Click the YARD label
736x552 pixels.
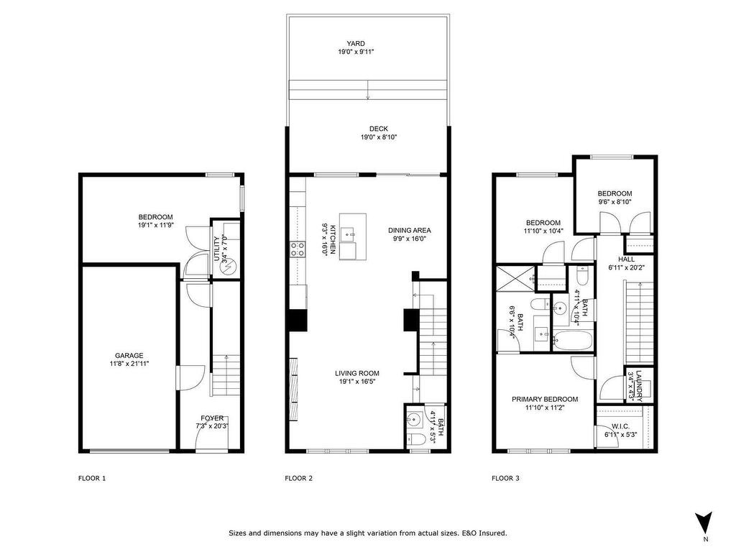(x=356, y=44)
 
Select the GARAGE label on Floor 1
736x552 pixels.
(x=129, y=355)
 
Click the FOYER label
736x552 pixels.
(x=212, y=418)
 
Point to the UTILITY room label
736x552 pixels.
(x=216, y=249)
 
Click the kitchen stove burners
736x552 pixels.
(x=298, y=249)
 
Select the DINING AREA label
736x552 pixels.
(x=409, y=230)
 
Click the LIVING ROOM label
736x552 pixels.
(x=356, y=373)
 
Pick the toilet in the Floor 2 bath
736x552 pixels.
(x=416, y=439)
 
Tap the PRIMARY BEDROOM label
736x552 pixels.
(x=545, y=399)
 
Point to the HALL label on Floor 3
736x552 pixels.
(x=626, y=259)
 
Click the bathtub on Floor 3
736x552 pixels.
(x=573, y=341)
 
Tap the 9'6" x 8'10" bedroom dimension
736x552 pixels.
(x=615, y=202)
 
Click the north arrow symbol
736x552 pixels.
(x=704, y=522)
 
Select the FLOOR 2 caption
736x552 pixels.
(x=298, y=478)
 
